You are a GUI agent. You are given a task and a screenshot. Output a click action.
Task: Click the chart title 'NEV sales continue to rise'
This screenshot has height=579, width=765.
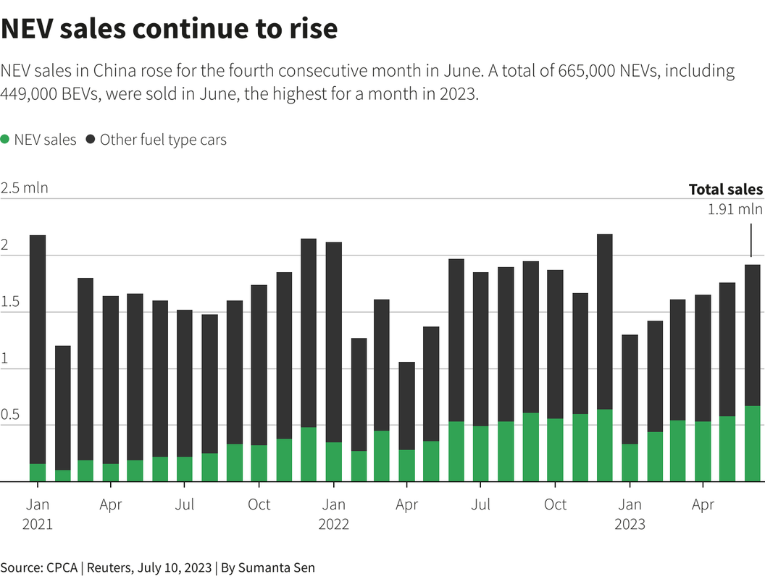click(169, 29)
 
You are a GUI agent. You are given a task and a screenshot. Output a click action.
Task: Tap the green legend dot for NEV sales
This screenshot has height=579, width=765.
click(5, 140)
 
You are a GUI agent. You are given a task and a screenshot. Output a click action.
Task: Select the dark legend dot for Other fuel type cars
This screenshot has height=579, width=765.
click(91, 140)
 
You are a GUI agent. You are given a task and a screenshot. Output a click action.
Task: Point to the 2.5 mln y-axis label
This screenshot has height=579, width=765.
click(24, 188)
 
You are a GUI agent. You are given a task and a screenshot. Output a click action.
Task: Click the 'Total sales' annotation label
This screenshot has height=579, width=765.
click(725, 190)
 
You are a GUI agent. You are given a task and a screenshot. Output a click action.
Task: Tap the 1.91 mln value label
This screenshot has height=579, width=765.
click(735, 209)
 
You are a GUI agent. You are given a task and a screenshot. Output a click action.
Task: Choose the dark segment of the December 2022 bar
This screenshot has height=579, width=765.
click(604, 321)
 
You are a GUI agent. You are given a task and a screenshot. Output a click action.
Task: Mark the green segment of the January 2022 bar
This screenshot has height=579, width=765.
click(333, 462)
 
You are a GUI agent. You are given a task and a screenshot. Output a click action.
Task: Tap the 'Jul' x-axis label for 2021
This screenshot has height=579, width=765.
click(185, 504)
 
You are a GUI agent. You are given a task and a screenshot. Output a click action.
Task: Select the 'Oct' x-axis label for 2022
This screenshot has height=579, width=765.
click(555, 504)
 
